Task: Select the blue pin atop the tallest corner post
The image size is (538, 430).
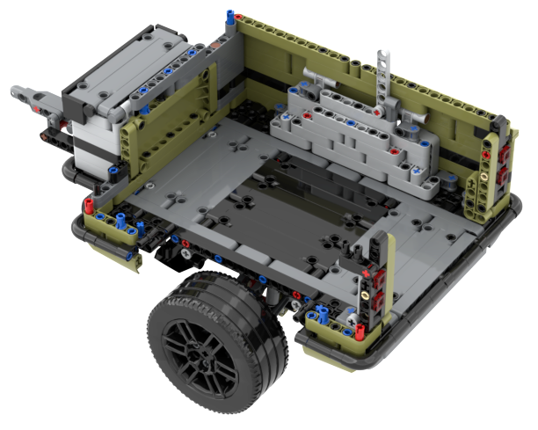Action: [x=230, y=16]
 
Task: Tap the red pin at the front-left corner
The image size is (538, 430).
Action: [x=89, y=206]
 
